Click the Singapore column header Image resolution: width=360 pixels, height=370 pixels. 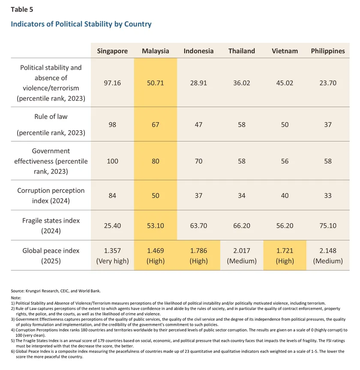tap(112, 51)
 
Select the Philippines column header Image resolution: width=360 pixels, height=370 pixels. tap(328, 51)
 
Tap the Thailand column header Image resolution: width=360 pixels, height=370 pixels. tap(241, 51)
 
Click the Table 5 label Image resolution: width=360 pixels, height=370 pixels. tap(21, 9)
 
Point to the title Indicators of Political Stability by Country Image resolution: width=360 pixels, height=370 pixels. tap(81, 24)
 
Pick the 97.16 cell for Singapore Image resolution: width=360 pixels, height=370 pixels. tap(112, 83)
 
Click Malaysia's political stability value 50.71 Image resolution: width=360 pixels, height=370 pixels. tap(155, 83)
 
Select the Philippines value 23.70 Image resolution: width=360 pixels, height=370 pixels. tap(328, 83)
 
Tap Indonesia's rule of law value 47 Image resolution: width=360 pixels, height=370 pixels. tap(198, 124)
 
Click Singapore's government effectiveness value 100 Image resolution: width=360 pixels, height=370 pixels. tap(112, 161)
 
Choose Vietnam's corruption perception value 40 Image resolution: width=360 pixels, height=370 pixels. tap(285, 196)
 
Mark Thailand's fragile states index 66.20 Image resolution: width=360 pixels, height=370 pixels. tap(241, 226)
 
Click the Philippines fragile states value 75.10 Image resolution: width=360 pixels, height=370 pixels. tap(328, 226)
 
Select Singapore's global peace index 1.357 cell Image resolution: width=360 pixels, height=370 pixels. tap(112, 256)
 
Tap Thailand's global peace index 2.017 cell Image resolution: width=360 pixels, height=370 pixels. tap(241, 256)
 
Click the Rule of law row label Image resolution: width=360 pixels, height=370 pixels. tap(51, 116)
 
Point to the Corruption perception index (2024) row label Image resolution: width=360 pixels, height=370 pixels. tap(51, 196)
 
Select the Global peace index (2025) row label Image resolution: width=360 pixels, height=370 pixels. tap(51, 256)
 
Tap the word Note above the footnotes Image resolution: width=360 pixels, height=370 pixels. tap(16, 297)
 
